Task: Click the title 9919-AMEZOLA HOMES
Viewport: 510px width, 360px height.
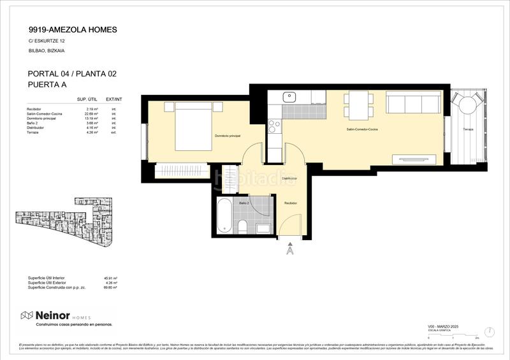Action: pos(73,29)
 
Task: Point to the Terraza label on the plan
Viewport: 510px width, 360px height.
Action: pos(467,129)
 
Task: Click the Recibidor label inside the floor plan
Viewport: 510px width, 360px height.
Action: pos(291,203)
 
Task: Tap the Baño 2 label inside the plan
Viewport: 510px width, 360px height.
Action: pos(244,203)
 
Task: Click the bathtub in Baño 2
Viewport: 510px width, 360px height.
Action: pos(224,217)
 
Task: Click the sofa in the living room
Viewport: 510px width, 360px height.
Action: pos(414,103)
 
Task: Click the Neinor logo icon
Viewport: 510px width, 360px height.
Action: pos(27,315)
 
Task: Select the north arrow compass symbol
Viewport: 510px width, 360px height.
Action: pos(489,332)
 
